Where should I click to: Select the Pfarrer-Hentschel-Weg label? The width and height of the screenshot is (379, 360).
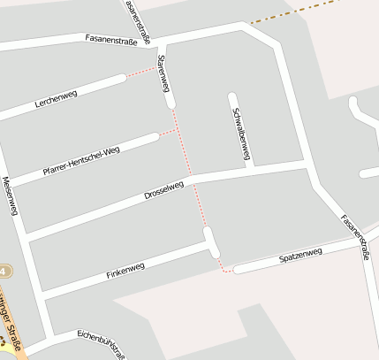coord(80,161)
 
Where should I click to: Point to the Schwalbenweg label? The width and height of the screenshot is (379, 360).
coord(239,134)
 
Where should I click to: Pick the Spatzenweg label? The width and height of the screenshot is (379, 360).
coord(300,256)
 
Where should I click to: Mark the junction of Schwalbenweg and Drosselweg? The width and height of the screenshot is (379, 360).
coord(250,168)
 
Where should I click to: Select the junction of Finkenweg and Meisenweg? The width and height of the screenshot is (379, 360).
coord(41,295)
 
